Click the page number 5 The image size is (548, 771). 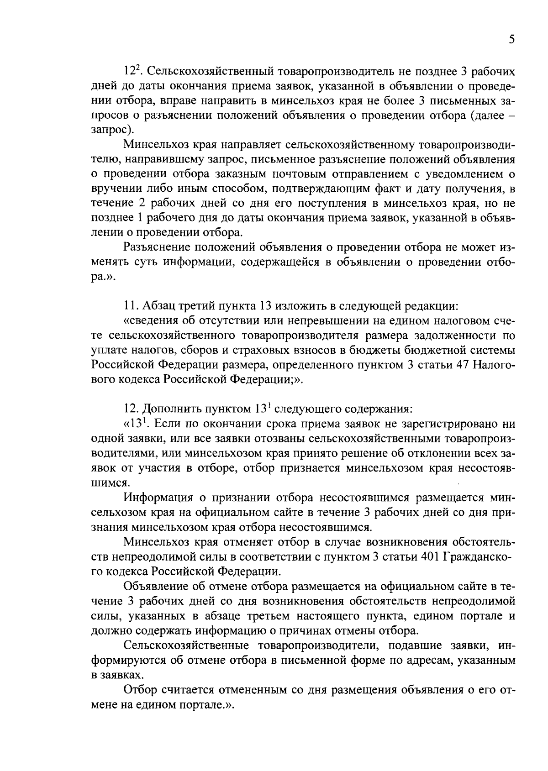pyautogui.click(x=512, y=40)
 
